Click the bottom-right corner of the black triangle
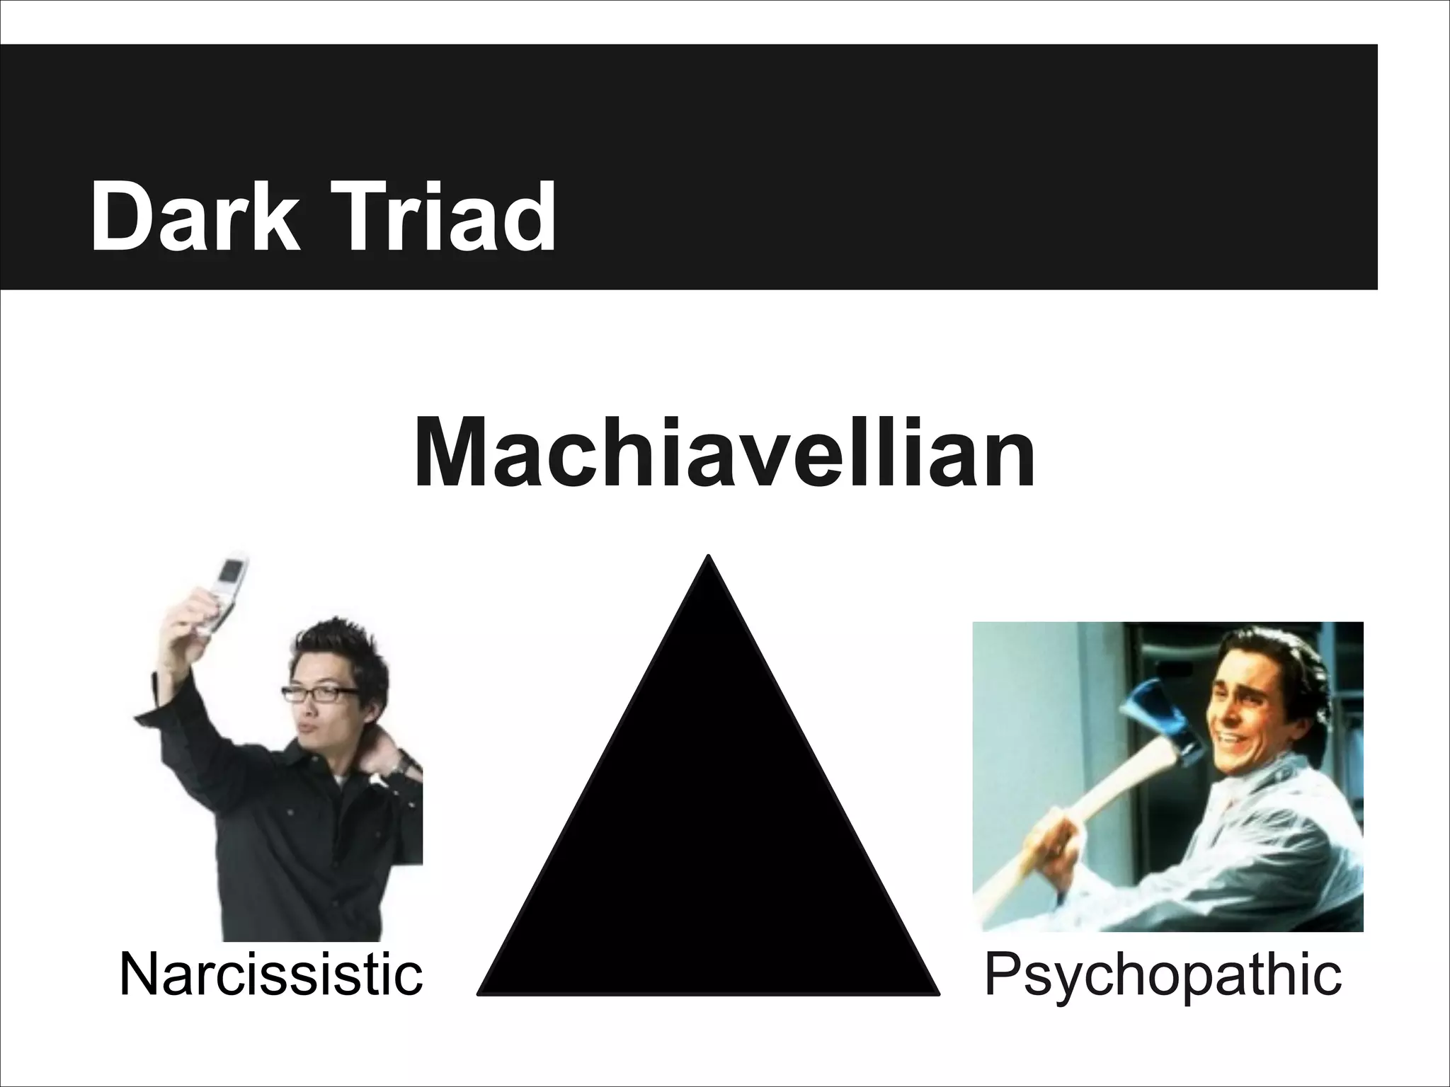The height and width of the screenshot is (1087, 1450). [x=936, y=993]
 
